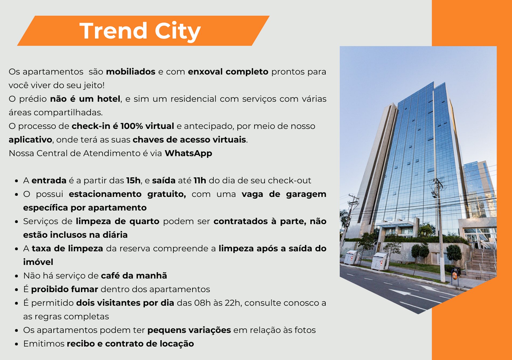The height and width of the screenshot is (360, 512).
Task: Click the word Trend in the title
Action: (x=113, y=31)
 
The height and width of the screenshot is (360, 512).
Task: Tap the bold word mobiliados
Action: (x=131, y=72)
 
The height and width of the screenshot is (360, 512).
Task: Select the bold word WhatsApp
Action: (x=188, y=153)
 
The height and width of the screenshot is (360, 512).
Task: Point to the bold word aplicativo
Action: (x=30, y=140)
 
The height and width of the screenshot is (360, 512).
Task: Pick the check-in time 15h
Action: (x=133, y=180)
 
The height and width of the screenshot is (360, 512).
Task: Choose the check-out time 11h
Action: (x=200, y=180)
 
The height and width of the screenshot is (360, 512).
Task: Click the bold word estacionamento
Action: (x=105, y=194)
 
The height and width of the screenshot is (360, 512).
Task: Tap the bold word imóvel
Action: (x=38, y=262)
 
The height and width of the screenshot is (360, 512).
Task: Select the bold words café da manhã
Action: (x=134, y=276)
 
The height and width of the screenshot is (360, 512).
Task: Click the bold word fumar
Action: (x=84, y=289)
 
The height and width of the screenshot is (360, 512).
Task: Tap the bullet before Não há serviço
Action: (x=17, y=276)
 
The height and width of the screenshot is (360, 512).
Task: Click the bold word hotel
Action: (x=109, y=99)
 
